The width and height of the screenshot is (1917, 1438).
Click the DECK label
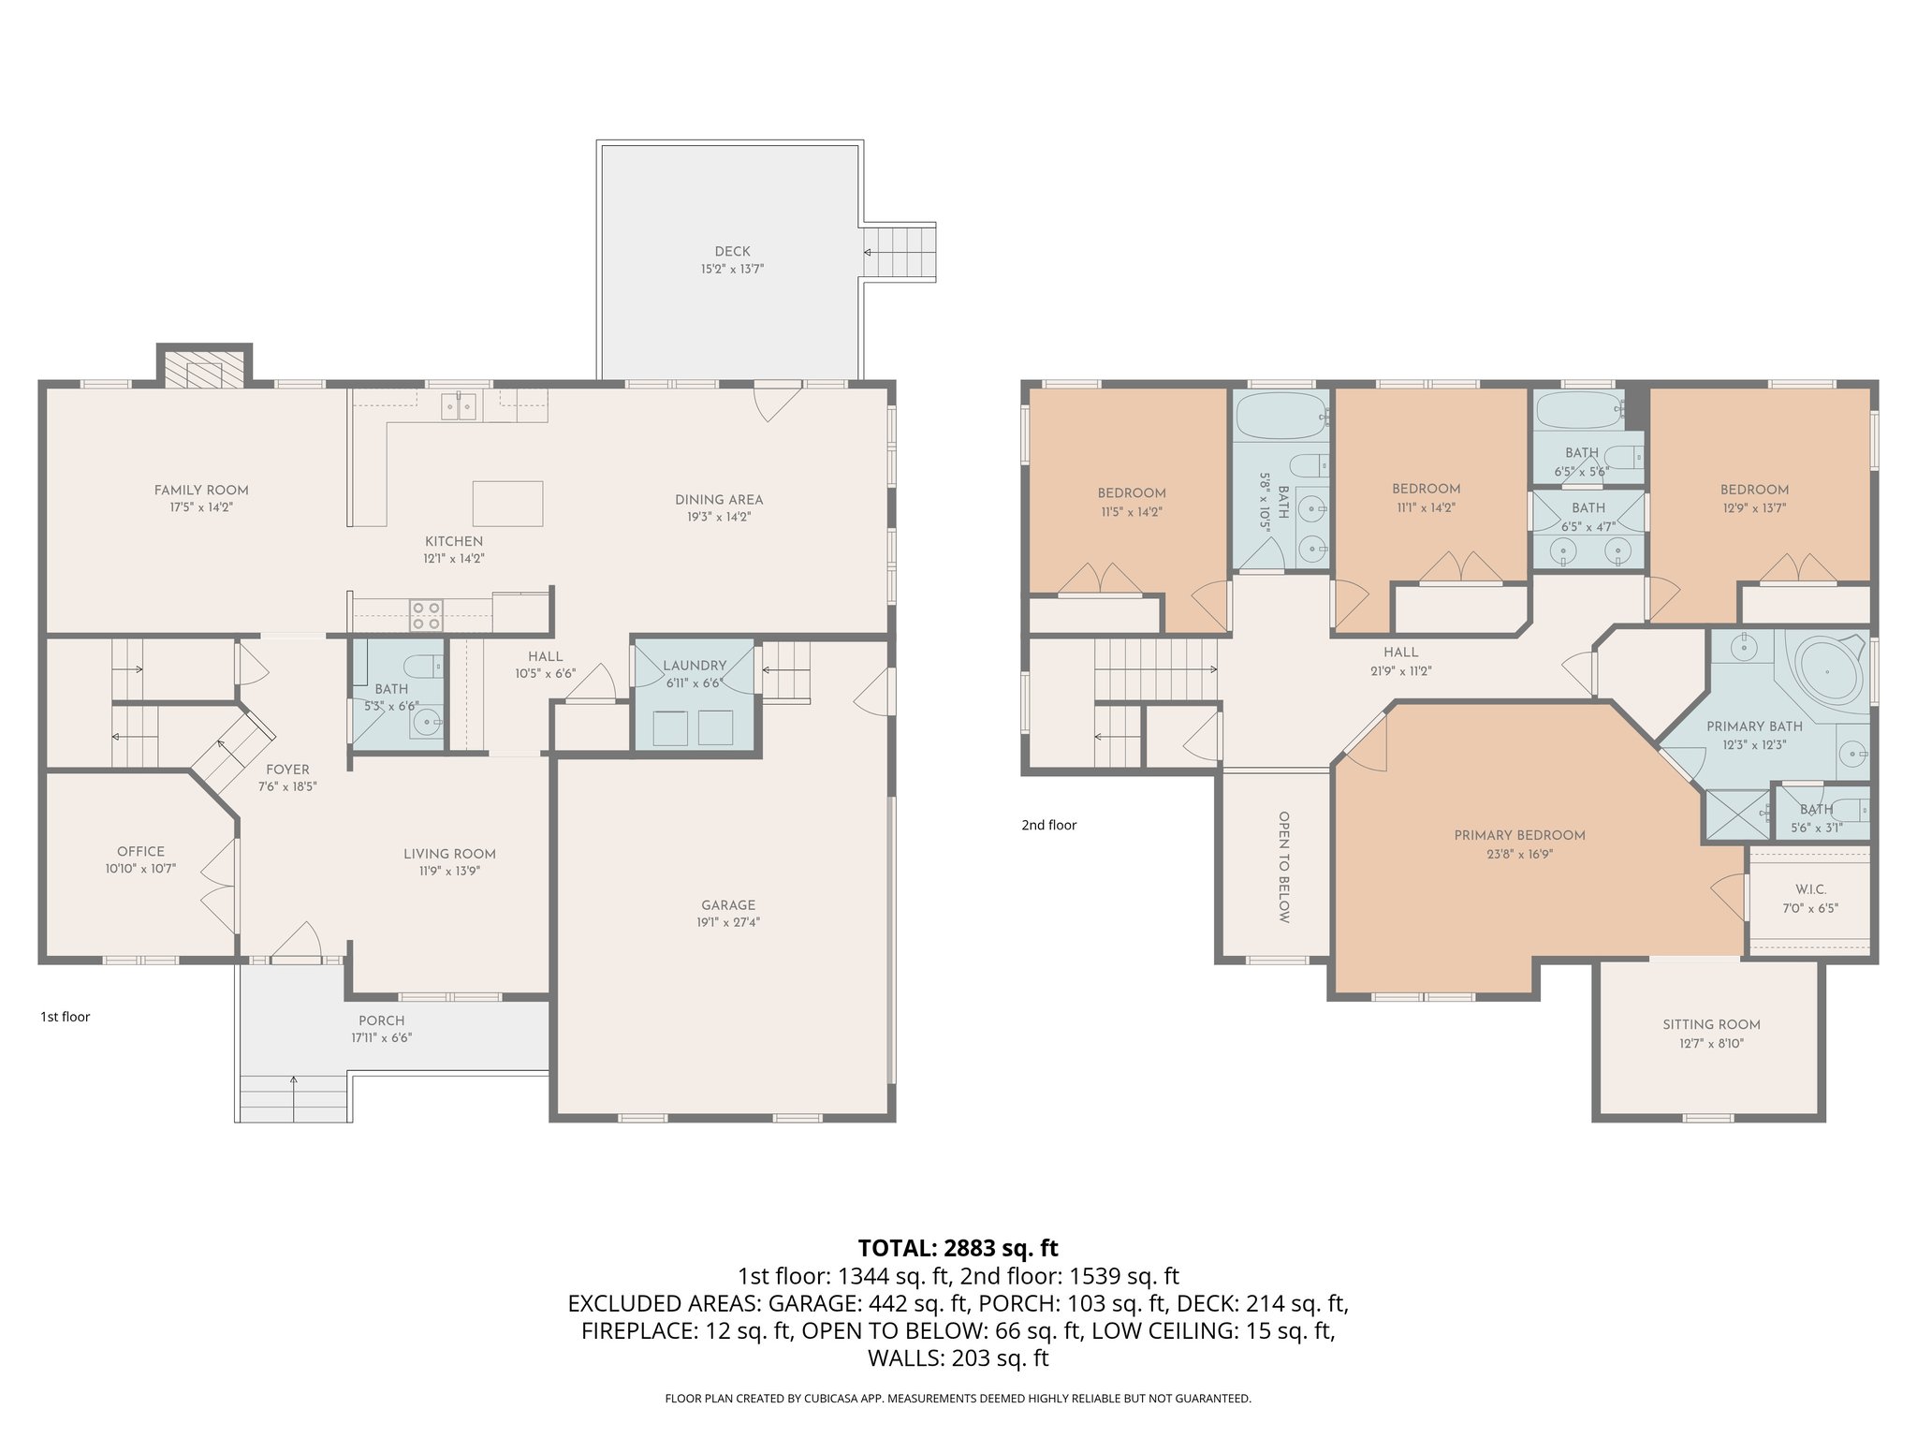pyautogui.click(x=732, y=251)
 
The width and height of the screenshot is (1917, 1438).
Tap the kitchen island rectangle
pyautogui.click(x=507, y=504)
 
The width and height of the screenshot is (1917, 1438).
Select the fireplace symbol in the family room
pyautogui.click(x=204, y=373)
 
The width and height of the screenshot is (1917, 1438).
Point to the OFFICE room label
pyautogui.click(x=140, y=851)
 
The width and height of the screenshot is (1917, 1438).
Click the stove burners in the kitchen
pyautogui.click(x=426, y=616)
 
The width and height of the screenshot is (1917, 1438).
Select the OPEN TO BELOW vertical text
pyautogui.click(x=1283, y=866)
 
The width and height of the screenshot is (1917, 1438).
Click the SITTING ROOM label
pyautogui.click(x=1711, y=1024)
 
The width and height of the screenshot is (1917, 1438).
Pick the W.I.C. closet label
pyautogui.click(x=1810, y=889)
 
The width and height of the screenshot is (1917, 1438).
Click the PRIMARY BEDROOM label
pyautogui.click(x=1519, y=835)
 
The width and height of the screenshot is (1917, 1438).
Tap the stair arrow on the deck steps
pyautogui.click(x=869, y=252)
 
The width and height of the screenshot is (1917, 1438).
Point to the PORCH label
pyautogui.click(x=381, y=1020)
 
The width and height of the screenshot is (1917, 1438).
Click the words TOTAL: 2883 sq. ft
pyautogui.click(x=958, y=1248)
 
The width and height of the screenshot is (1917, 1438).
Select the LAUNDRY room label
pyautogui.click(x=695, y=666)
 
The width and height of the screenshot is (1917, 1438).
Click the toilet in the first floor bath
pyautogui.click(x=424, y=666)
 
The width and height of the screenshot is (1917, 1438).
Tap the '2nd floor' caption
pyautogui.click(x=1048, y=825)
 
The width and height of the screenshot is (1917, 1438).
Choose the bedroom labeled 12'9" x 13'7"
pyautogui.click(x=1754, y=498)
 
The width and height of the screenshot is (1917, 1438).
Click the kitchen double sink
pyautogui.click(x=459, y=405)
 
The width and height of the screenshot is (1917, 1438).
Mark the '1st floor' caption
pyautogui.click(x=65, y=1017)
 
